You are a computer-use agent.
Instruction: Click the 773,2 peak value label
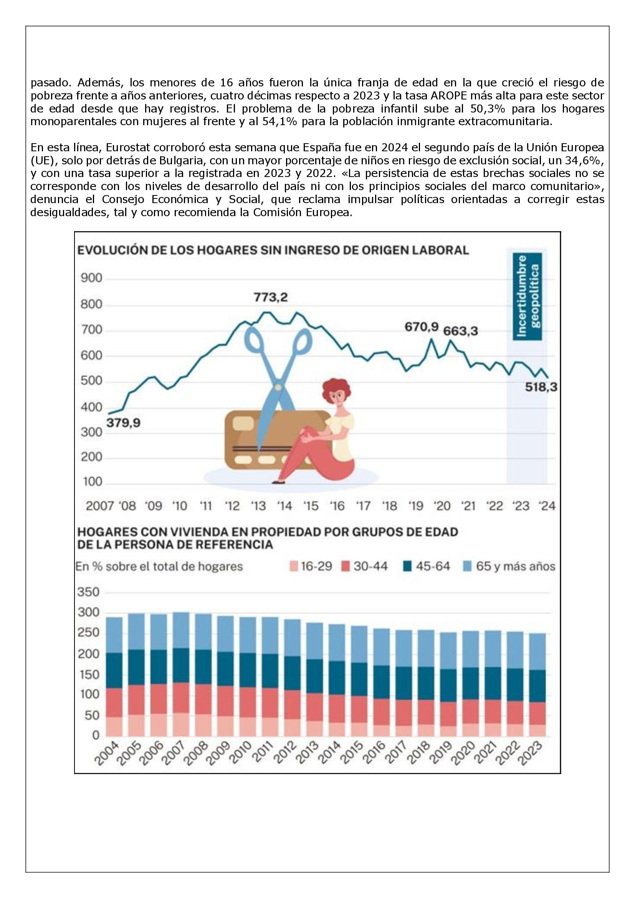271,298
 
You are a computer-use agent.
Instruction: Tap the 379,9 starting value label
124,423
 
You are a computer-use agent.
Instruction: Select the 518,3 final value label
541,387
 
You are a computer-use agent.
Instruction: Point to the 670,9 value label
422,326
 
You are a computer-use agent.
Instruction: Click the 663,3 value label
460,331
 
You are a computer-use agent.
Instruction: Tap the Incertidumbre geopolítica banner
528,296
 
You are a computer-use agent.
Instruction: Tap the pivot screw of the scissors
278,387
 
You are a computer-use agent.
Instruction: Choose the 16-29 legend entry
311,566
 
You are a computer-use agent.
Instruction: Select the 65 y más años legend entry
508,566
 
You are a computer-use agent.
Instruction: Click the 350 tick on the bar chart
89,592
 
